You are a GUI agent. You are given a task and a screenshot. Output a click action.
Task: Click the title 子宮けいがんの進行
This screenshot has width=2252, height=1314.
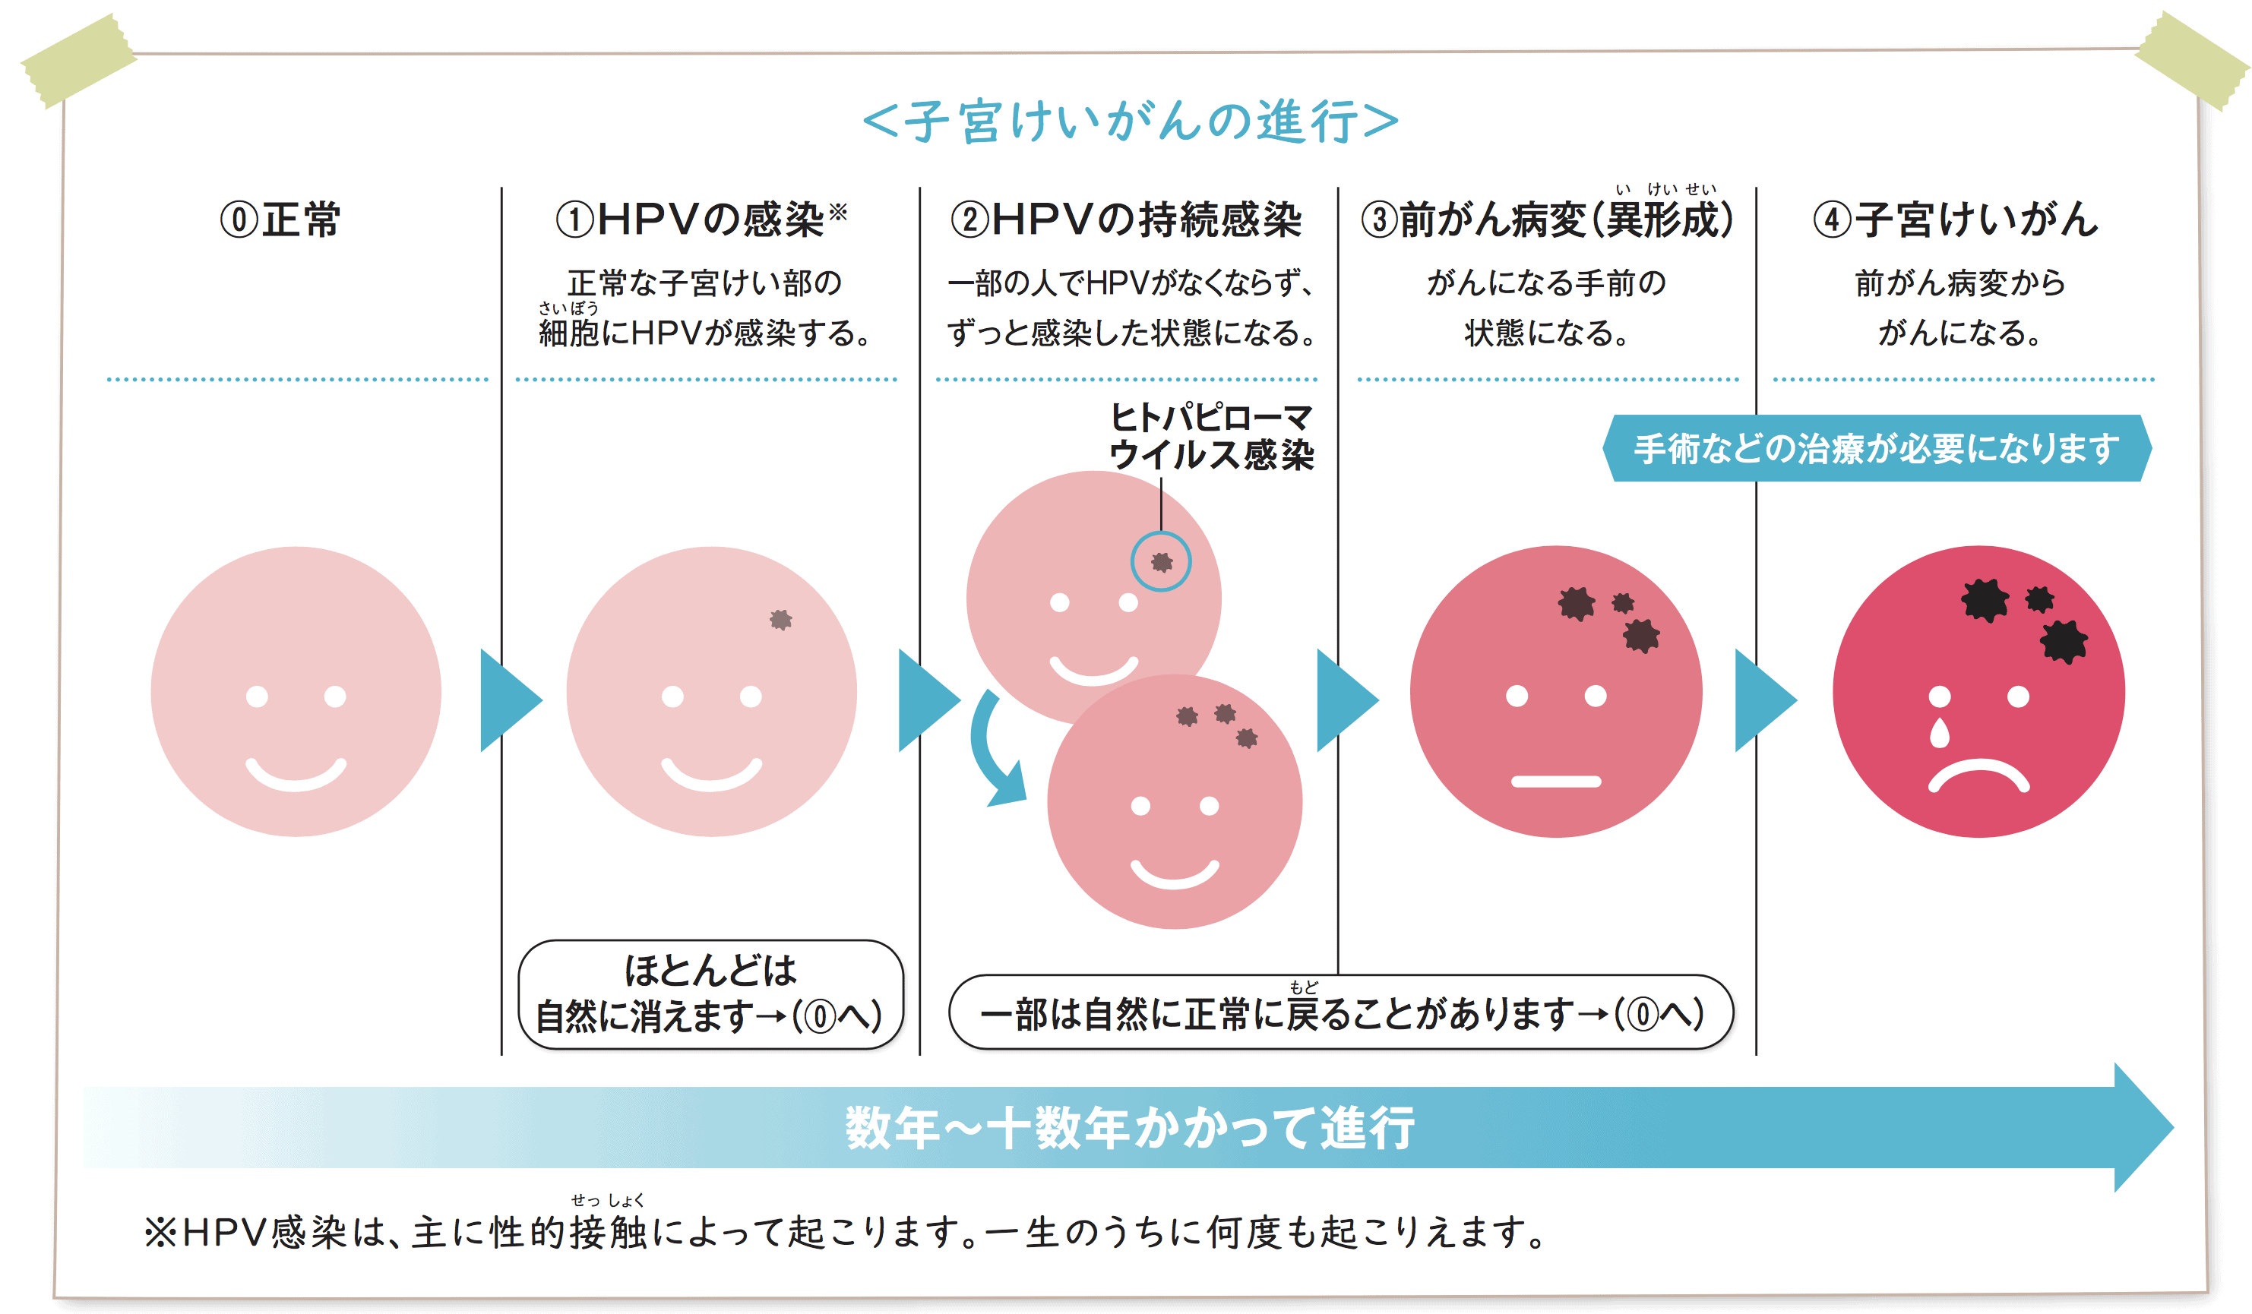point(1130,122)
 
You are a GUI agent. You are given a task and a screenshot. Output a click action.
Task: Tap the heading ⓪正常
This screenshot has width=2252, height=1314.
point(280,220)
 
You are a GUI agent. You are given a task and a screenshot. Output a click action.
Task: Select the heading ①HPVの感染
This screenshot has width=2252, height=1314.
point(701,220)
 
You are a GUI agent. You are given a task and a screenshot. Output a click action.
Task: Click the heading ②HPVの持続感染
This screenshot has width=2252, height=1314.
point(1126,220)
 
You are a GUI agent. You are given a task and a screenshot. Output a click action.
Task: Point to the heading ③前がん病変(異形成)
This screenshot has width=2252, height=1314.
point(1547,220)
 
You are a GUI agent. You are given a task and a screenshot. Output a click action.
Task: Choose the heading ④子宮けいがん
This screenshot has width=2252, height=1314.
point(1956,220)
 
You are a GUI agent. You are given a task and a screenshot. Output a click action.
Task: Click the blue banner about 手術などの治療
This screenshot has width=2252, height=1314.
point(1877,448)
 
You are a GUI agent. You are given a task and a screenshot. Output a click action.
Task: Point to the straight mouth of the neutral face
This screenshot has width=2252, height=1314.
point(1556,782)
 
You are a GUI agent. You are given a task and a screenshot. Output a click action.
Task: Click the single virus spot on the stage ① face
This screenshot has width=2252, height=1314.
point(781,619)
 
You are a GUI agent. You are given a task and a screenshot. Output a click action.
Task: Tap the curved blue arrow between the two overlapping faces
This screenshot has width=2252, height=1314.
point(995,750)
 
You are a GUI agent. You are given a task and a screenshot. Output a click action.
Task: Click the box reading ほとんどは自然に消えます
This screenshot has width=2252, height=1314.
point(710,993)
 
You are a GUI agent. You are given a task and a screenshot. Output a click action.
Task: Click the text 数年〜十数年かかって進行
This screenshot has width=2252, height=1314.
point(1130,1127)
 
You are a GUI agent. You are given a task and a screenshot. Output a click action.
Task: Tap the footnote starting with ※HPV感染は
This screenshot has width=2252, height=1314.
point(845,1233)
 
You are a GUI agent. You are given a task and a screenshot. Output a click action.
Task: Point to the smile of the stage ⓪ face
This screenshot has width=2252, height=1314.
point(296,775)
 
